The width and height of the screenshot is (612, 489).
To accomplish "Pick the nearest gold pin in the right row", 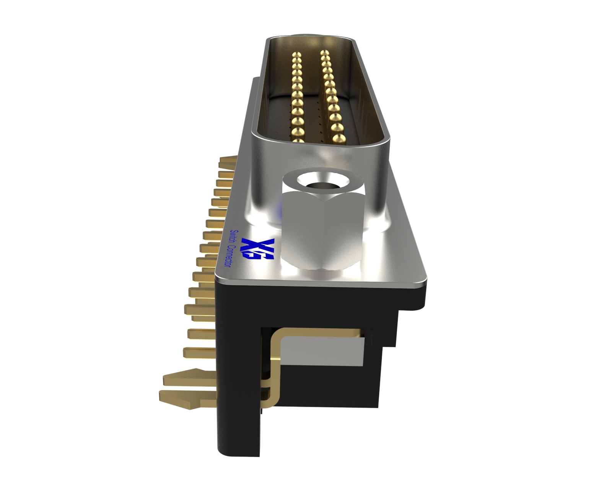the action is tap(339, 138).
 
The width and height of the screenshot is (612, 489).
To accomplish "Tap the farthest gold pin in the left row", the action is tap(297, 54).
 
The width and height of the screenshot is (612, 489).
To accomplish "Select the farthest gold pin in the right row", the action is tap(324, 53).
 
